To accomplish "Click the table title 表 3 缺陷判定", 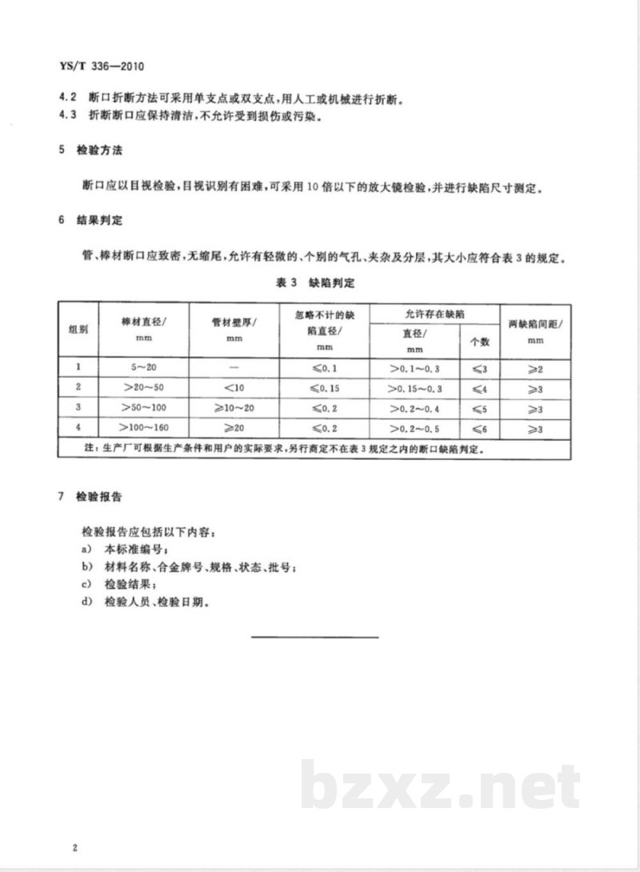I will (x=319, y=282).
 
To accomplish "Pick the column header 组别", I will (x=78, y=329).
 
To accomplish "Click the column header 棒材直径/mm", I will (x=142, y=329).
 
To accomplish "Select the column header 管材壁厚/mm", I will (x=234, y=329).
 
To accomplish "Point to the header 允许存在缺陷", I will (x=436, y=314).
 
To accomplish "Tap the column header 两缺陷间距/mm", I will (x=535, y=329).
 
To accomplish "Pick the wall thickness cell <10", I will (x=234, y=387).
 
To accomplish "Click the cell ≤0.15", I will (x=325, y=387).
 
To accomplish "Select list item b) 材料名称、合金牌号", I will (x=200, y=568).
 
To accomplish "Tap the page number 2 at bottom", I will (x=73, y=848).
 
